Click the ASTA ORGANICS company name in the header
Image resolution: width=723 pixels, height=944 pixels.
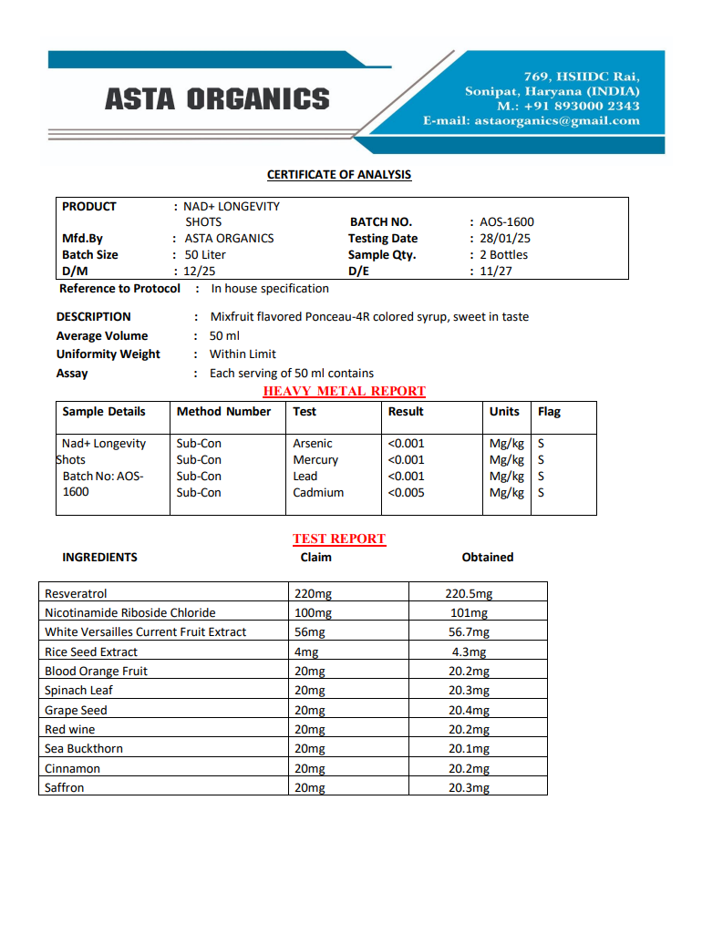click(x=217, y=98)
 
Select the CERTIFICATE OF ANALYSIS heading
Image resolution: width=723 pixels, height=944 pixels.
click(x=339, y=174)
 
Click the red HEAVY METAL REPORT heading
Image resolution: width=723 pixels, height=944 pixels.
click(x=344, y=391)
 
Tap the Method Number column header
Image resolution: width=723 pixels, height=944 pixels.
click(x=223, y=411)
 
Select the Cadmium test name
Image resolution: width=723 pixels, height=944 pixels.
click(x=318, y=492)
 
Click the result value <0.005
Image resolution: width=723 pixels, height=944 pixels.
click(x=406, y=492)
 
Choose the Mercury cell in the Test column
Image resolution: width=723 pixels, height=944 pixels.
click(x=315, y=459)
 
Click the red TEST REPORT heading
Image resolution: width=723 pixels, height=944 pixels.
click(x=339, y=539)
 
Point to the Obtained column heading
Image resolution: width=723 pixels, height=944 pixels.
click(x=488, y=557)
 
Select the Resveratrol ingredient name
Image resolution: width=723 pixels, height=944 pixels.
click(x=76, y=593)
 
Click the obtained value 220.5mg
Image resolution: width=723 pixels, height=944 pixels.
click(x=469, y=593)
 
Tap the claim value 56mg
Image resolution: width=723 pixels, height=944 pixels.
click(x=310, y=631)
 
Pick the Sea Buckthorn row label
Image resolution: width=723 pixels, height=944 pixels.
click(x=84, y=748)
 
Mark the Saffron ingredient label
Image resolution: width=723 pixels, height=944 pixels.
click(x=64, y=787)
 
